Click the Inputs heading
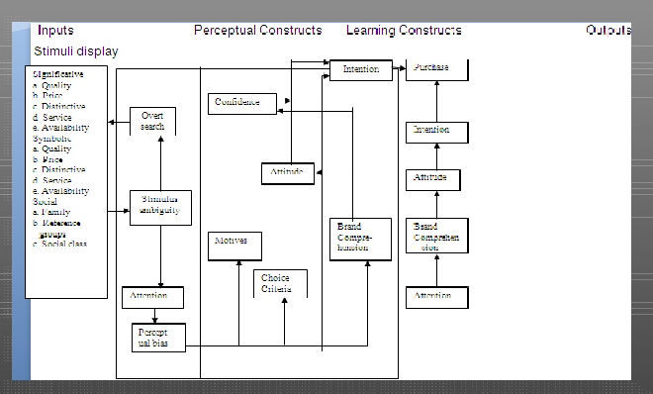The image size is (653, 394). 55,31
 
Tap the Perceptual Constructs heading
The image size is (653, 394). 257,31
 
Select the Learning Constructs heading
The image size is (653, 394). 404,31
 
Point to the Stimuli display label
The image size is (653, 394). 76,49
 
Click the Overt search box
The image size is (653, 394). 152,121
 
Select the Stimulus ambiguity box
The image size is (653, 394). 160,207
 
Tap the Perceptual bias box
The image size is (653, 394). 158,337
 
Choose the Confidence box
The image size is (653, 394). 240,102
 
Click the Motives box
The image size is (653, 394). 234,247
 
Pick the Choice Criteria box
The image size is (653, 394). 280,283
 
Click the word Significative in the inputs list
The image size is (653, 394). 58,74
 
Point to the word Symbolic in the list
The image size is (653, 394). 52,139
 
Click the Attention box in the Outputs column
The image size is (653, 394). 434,295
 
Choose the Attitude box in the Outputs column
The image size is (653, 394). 430,178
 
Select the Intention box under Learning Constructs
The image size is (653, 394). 360,70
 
